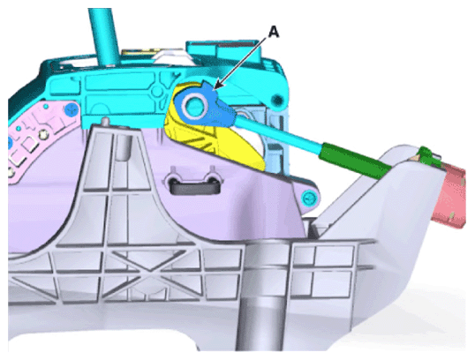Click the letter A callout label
274,32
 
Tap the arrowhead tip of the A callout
214,90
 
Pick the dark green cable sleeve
356,161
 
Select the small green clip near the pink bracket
427,156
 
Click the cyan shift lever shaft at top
103,35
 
